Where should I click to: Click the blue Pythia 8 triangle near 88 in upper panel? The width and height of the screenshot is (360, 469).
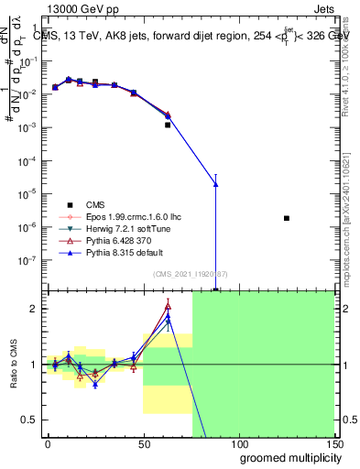(x=215, y=184)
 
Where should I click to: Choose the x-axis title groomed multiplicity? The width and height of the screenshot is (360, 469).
(x=286, y=456)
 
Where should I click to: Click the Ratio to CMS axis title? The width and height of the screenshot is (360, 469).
(x=13, y=364)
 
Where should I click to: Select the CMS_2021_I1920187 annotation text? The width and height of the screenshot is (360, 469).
(x=190, y=274)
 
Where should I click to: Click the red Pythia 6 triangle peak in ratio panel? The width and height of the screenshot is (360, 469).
(x=168, y=306)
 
